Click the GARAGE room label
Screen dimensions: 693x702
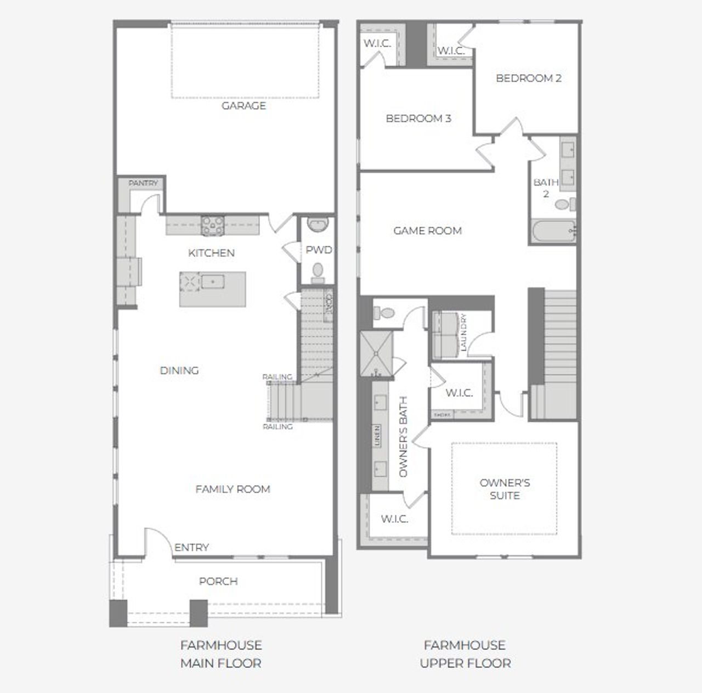click(x=244, y=105)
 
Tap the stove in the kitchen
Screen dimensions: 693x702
click(x=212, y=226)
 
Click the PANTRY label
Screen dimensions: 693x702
click(x=143, y=183)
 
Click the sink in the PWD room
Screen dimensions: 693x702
click(x=317, y=225)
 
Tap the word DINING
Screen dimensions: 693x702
click(x=179, y=370)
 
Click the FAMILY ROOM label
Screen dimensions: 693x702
click(x=233, y=489)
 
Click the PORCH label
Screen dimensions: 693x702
click(x=218, y=581)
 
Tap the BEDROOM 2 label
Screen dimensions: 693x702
click(x=529, y=78)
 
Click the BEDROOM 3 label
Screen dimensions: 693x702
click(x=418, y=118)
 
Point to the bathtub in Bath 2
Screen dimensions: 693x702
click(x=553, y=232)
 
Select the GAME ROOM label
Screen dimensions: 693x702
click(x=427, y=230)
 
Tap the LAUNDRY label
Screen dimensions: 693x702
click(x=463, y=333)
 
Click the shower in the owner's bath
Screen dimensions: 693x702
click(x=376, y=353)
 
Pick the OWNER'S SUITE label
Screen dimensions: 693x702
click(x=505, y=489)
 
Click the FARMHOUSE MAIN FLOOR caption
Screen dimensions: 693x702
click(x=221, y=654)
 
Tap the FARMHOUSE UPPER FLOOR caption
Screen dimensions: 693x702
click(x=465, y=654)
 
